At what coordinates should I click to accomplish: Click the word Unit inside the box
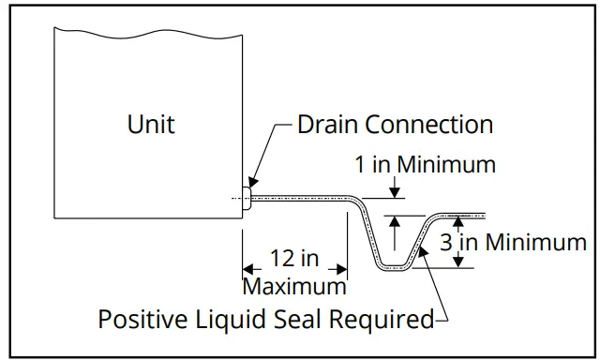coord(151,124)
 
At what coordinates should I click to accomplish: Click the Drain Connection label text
coord(395,124)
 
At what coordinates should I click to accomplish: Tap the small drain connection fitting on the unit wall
coord(247,198)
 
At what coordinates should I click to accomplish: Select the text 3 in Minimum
coord(513,243)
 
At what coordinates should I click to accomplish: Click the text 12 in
coord(293,259)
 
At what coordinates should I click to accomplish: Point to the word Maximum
coord(294,284)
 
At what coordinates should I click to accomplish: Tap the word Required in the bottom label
coord(386,320)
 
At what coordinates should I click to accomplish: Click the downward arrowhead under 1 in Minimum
coord(395,193)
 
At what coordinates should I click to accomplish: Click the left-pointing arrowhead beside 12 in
coord(248,270)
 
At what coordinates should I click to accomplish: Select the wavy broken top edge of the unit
coord(150,30)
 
